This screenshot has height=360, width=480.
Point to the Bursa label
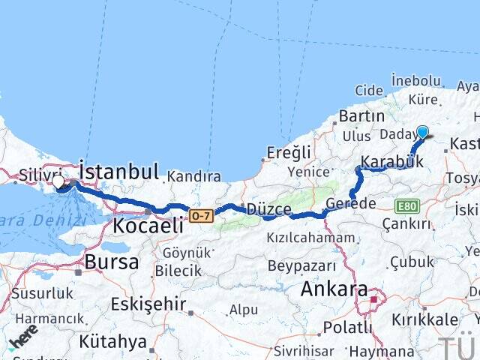(x=112, y=262)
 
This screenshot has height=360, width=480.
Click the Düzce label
(x=268, y=209)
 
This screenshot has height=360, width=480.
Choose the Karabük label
(x=388, y=161)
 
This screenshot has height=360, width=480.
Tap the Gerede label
(x=352, y=203)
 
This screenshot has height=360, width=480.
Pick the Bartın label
(x=361, y=116)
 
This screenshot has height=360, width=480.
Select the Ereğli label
(x=289, y=153)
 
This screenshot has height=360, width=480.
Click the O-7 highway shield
(x=200, y=215)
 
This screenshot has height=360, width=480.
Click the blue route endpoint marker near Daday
(x=422, y=133)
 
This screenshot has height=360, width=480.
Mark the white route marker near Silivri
(x=58, y=181)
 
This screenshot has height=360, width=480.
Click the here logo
(x=22, y=340)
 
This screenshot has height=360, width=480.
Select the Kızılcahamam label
(x=310, y=238)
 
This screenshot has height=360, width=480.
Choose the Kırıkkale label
(x=425, y=319)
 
